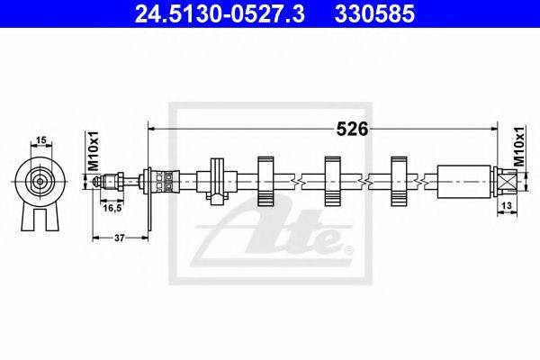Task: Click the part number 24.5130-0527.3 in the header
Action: pos(220,14)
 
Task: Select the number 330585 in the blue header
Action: pos(374,14)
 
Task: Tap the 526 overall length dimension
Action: pos(352,130)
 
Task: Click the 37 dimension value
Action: pos(119,238)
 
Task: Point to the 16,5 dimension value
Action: pos(112,207)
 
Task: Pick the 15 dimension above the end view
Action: pos(41,140)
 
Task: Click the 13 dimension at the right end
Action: pos(507,205)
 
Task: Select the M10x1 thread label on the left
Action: pos(94,150)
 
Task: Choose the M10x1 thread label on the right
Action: pos(518,147)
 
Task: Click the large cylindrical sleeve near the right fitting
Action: pos(463,182)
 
